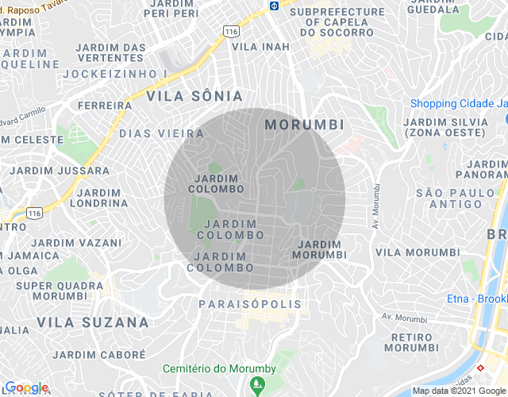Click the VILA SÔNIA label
(194, 96)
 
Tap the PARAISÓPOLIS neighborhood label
(250, 304)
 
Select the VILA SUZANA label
(92, 322)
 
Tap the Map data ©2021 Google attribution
(459, 390)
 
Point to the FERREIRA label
(105, 105)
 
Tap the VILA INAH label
(260, 47)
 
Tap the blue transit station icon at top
(274, 6)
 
